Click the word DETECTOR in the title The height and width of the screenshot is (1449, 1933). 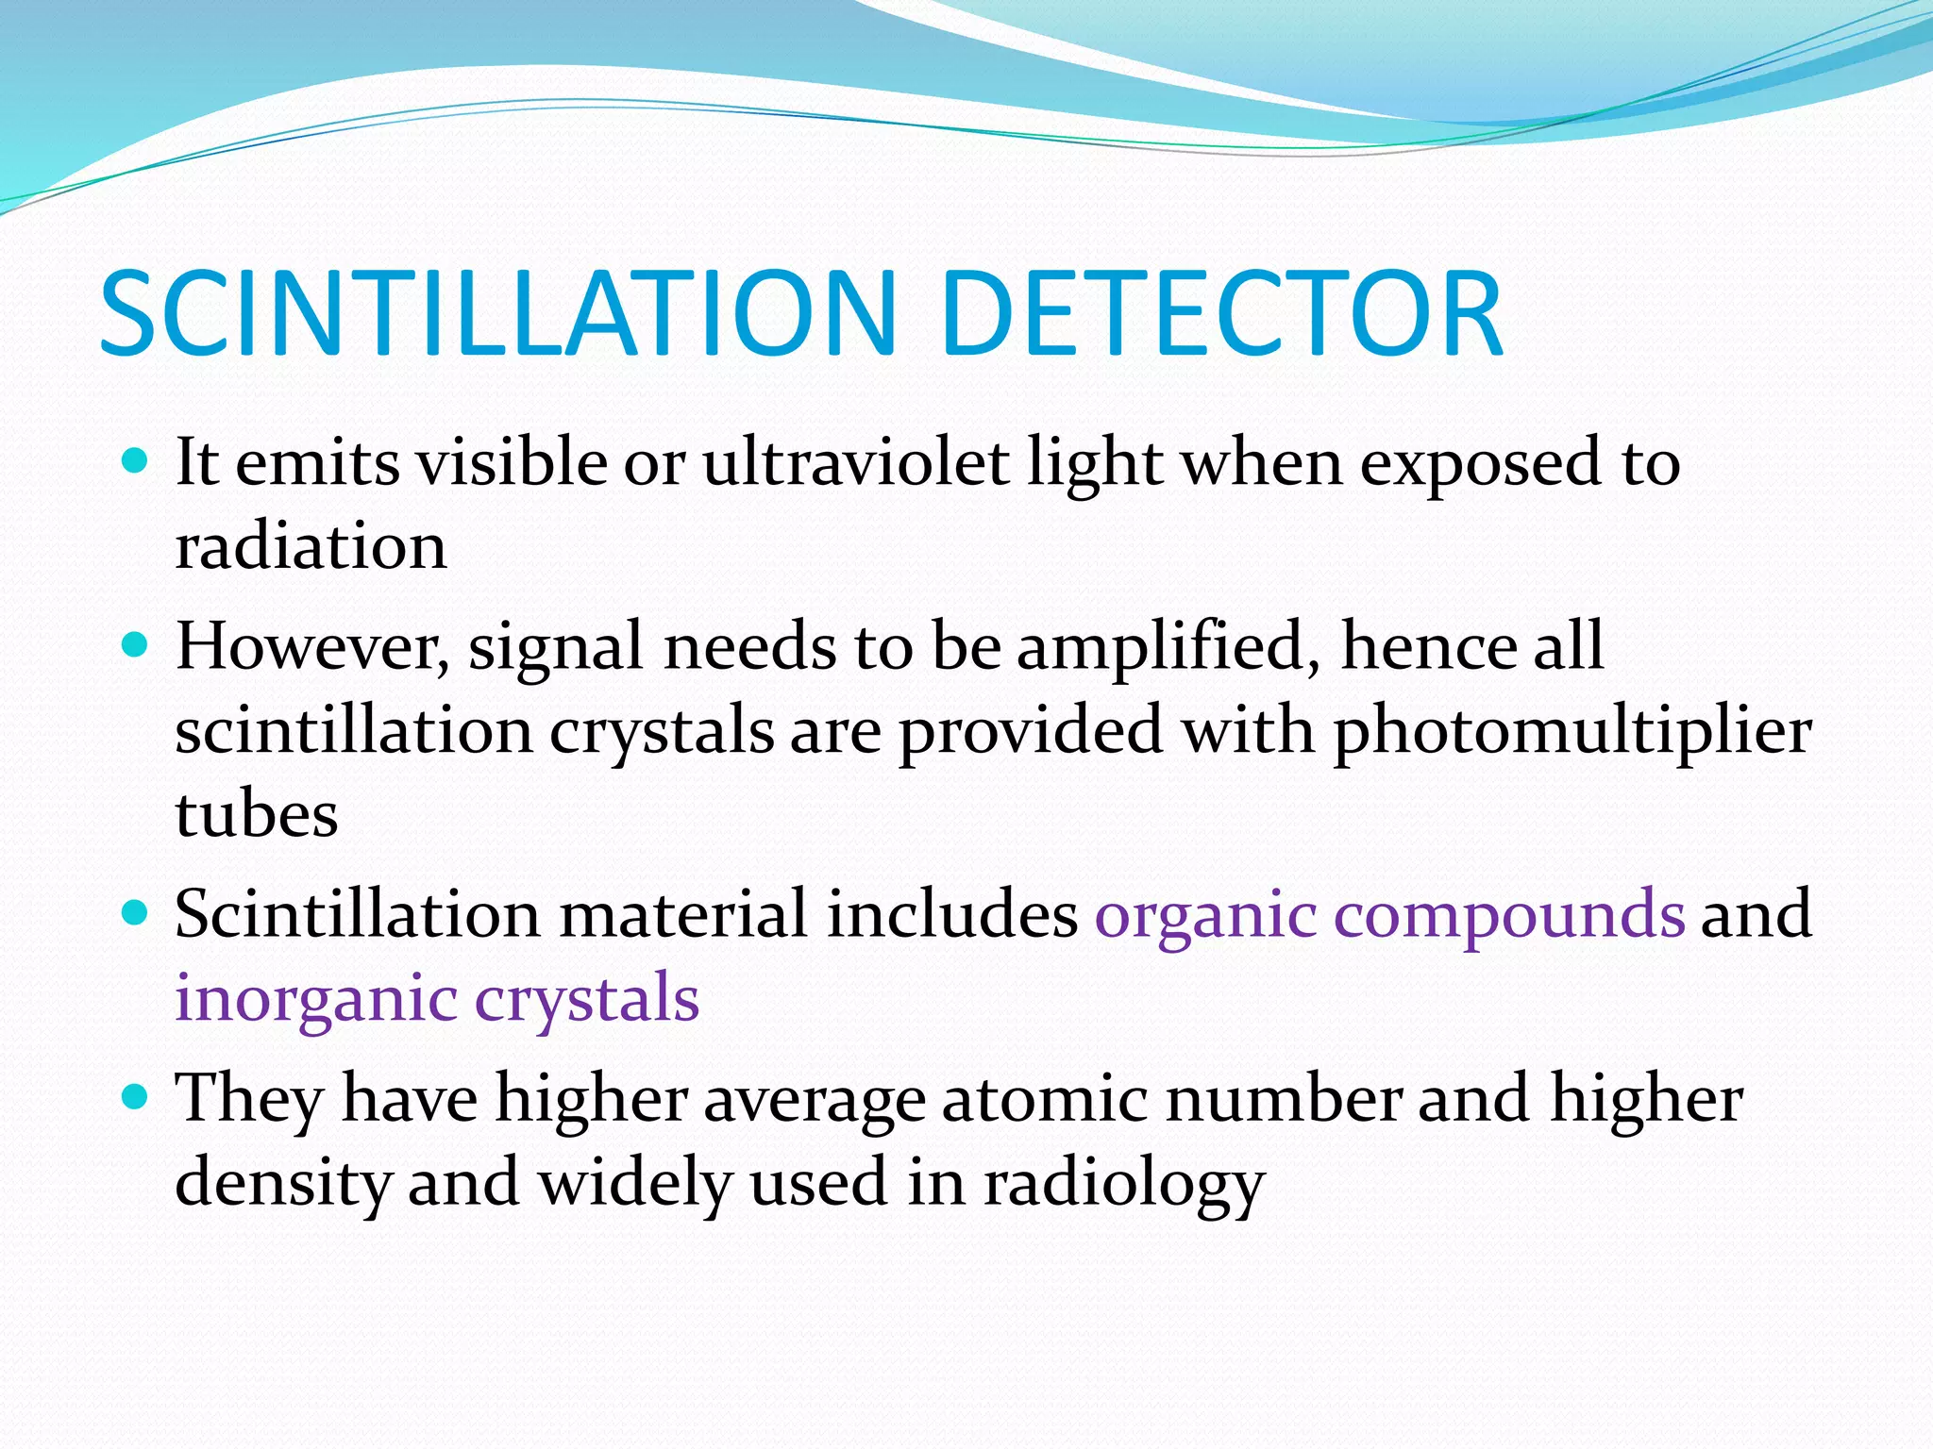click(1221, 313)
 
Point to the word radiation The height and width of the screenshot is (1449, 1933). click(311, 546)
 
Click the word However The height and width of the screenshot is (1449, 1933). click(312, 647)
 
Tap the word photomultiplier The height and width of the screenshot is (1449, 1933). click(1572, 732)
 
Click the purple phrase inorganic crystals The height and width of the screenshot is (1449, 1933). click(437, 999)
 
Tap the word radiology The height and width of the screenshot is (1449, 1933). click(1123, 1183)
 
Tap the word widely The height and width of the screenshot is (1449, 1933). click(634, 1183)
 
